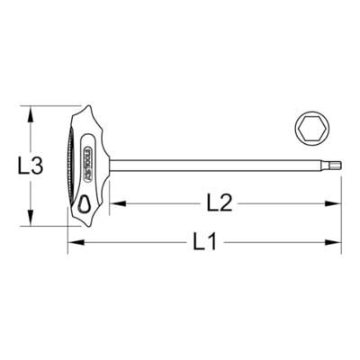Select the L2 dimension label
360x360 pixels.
tap(219, 202)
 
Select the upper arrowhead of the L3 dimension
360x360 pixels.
tap(33, 113)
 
